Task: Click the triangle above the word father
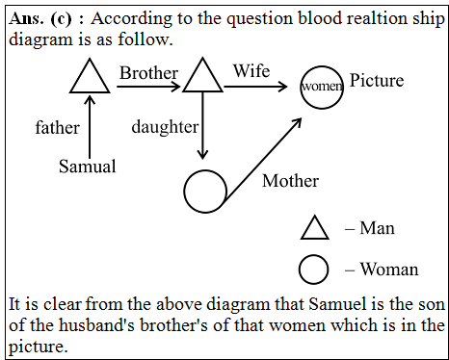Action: coord(90,76)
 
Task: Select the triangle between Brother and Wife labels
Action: coord(202,76)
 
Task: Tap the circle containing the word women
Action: coord(322,87)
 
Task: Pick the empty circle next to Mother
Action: coord(205,192)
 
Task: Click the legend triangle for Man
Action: coord(315,227)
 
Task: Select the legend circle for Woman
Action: coord(315,269)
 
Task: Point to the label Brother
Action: coord(147,72)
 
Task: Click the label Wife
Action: coord(251,71)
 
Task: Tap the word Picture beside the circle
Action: coord(377,81)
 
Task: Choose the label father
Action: coord(57,127)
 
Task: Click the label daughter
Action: coord(165,127)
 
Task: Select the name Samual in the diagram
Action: coord(87,167)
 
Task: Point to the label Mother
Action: coord(290,180)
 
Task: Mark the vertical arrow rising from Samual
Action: coord(90,123)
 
